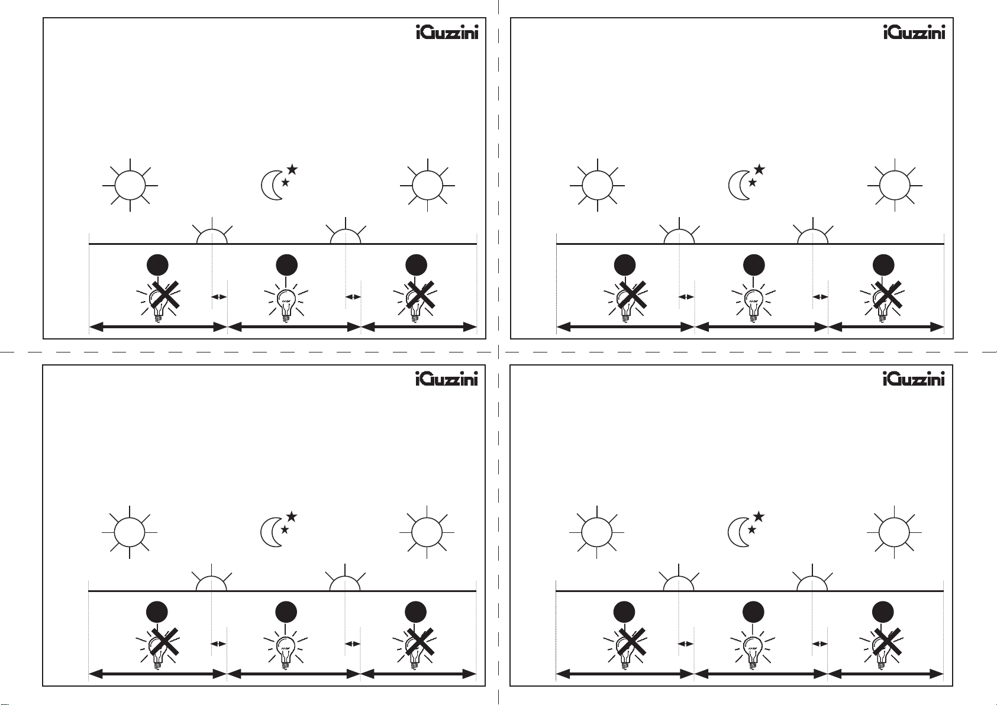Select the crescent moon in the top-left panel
point(272,185)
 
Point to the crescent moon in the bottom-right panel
point(738,532)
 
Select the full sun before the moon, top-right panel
point(598,185)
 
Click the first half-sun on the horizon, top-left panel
point(212,236)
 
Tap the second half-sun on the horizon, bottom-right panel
point(812,583)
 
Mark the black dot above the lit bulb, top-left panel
point(286,266)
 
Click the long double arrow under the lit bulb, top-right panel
point(761,326)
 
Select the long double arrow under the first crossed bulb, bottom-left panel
point(158,674)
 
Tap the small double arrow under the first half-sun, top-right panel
point(686,296)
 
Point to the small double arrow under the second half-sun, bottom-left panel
point(353,643)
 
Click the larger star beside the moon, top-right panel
point(759,170)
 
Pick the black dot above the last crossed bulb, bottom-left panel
point(416,613)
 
